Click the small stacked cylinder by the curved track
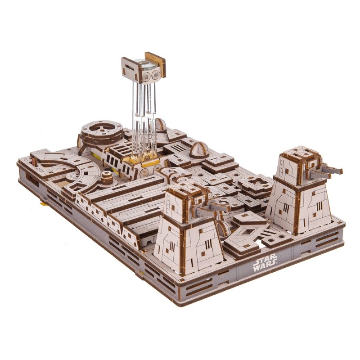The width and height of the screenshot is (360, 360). [x=106, y=177]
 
